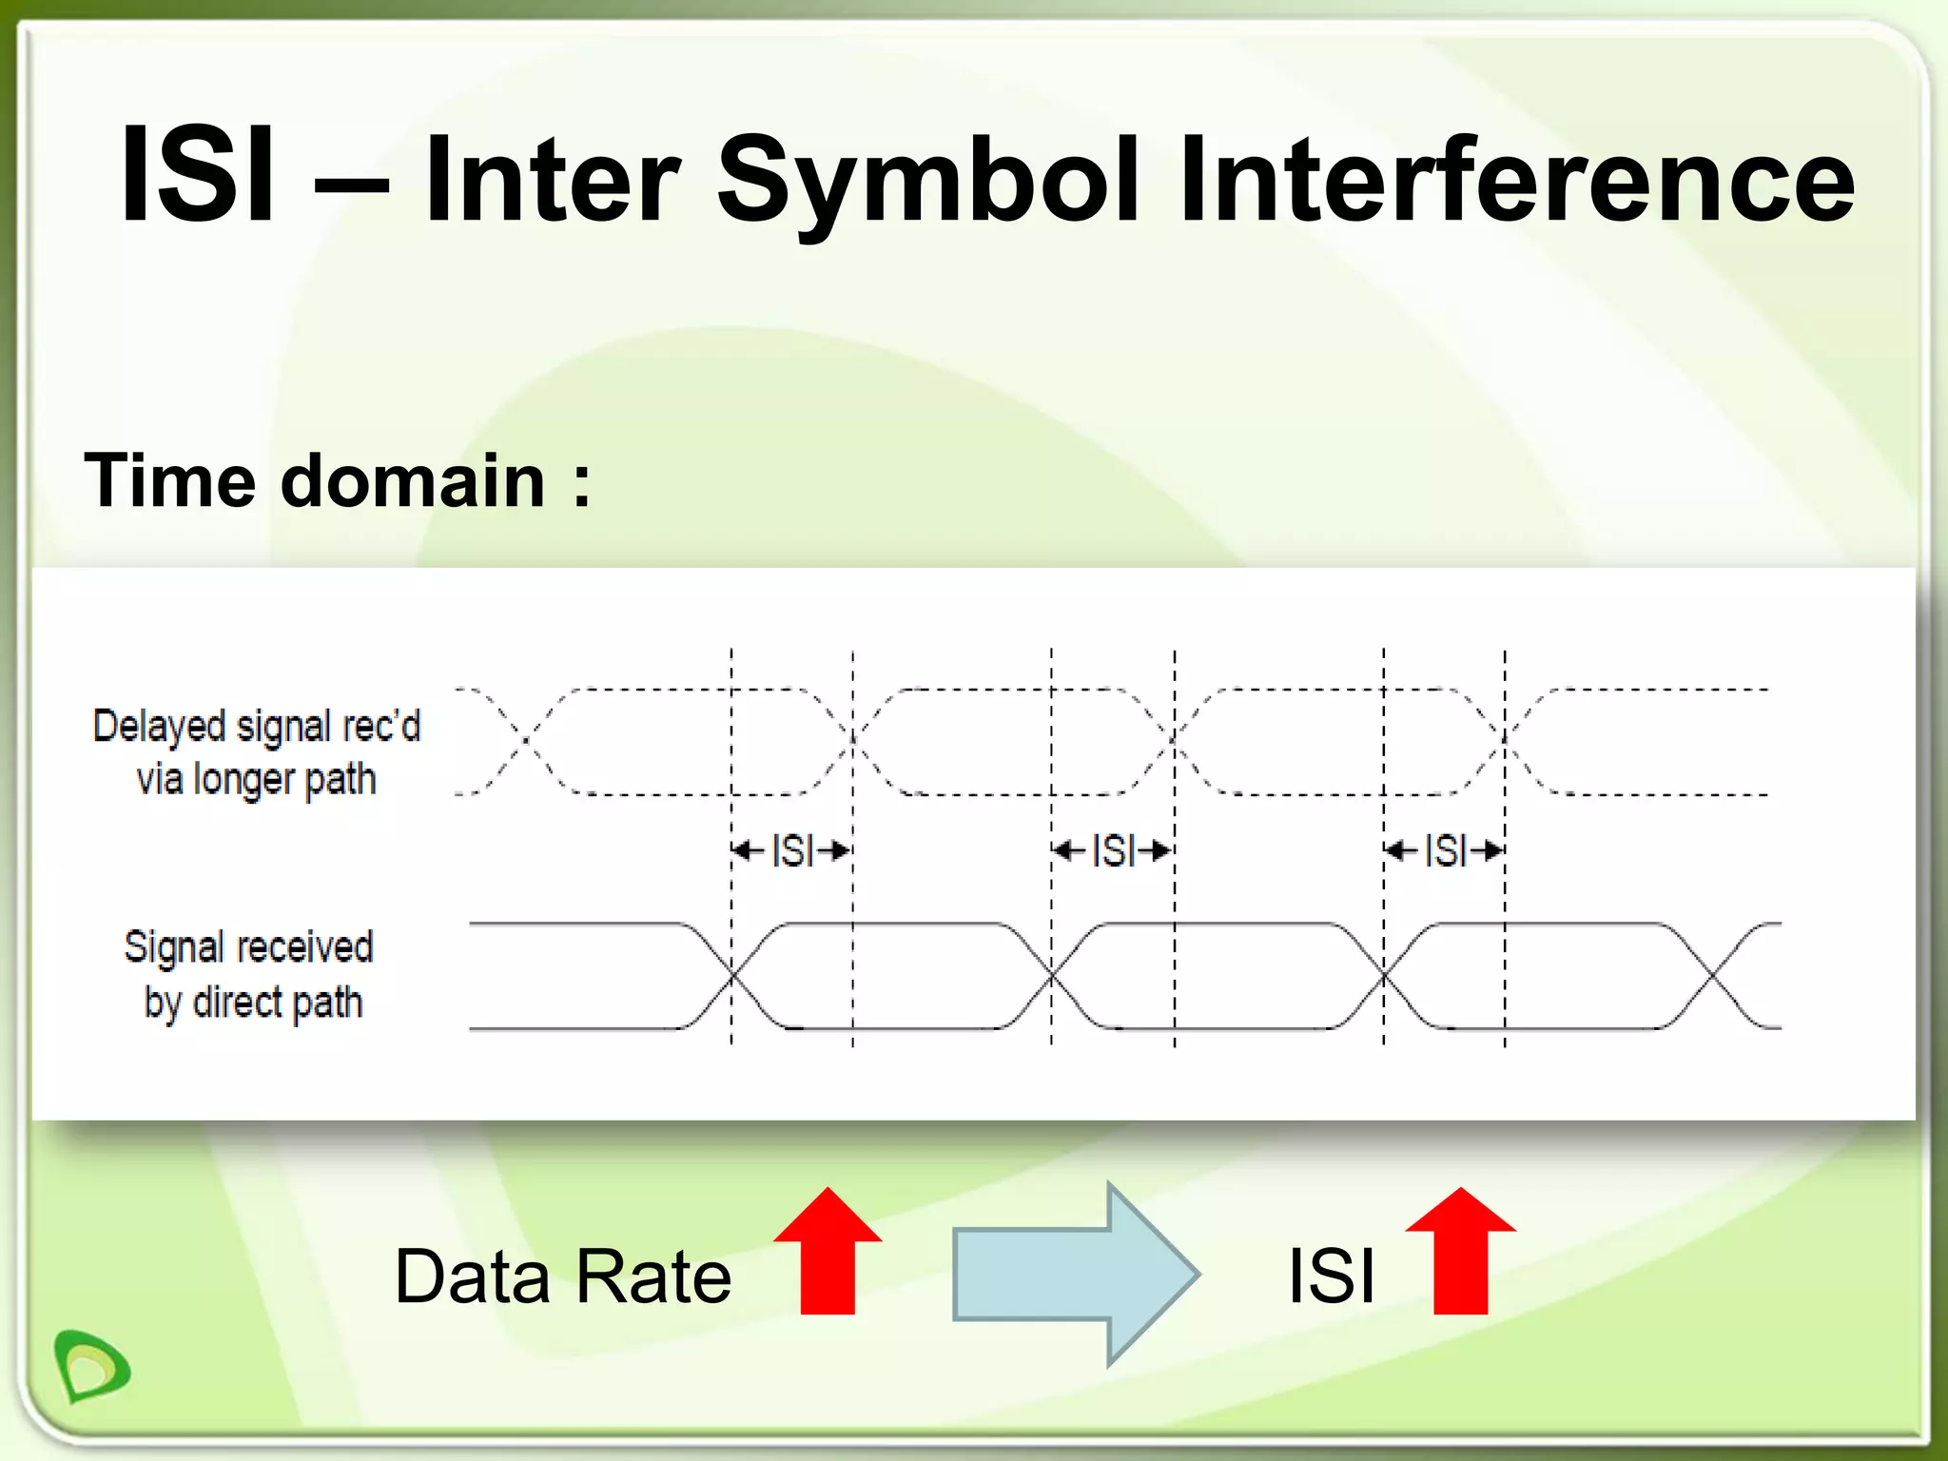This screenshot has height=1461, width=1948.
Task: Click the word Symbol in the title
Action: click(927, 181)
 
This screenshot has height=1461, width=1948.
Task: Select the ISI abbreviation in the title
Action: click(199, 176)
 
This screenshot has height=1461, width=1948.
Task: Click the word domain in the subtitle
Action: click(413, 480)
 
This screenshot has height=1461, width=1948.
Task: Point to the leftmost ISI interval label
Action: click(792, 850)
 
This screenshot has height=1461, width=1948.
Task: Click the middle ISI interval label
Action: click(1113, 850)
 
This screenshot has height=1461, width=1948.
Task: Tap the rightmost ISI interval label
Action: click(1445, 850)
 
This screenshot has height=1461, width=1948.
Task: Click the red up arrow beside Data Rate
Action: click(828, 1251)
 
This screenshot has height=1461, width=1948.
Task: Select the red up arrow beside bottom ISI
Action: click(1460, 1251)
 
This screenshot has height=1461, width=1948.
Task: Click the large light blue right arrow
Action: click(1076, 1274)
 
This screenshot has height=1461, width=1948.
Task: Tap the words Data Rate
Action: click(563, 1276)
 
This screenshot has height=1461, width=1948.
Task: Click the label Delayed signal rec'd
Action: click(257, 727)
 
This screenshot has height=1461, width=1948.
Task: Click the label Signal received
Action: click(249, 947)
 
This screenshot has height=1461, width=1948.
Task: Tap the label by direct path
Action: click(253, 1003)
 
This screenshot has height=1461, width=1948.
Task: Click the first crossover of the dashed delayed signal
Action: click(525, 740)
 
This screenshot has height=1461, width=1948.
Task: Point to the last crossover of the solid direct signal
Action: click(1712, 976)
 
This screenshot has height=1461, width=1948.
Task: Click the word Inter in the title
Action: click(552, 181)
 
